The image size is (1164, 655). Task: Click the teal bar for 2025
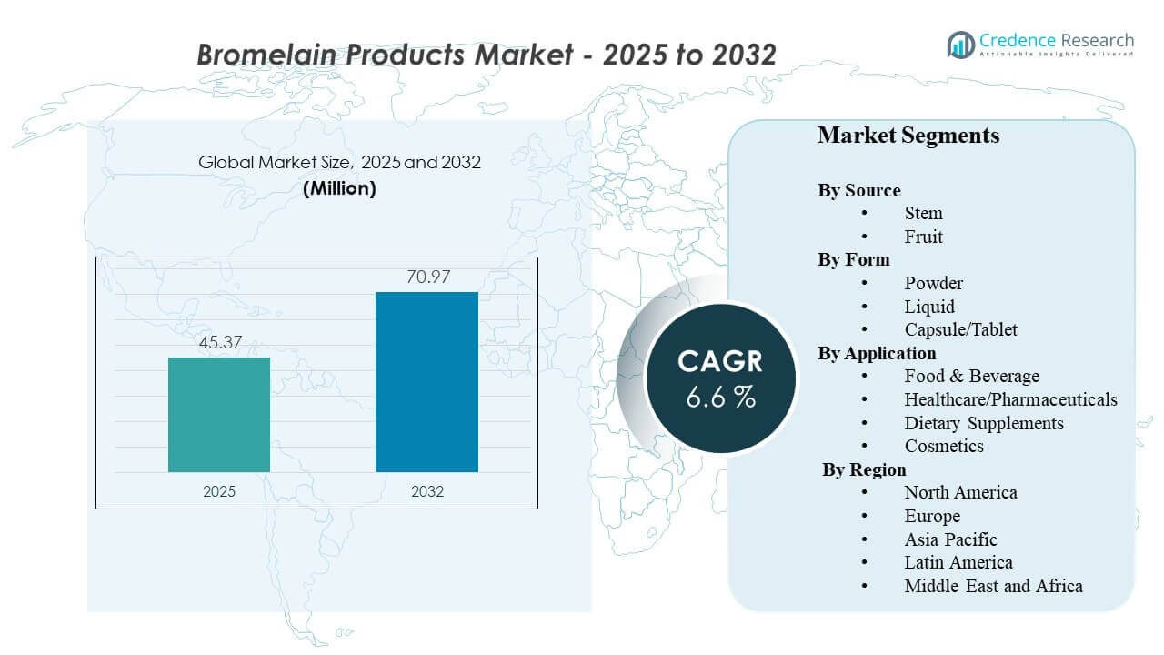coord(219,415)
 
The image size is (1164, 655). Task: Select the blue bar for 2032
coord(426,382)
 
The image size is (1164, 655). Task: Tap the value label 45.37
coord(219,343)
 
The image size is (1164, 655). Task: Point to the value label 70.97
coord(427,277)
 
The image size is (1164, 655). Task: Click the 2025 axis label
coord(219,491)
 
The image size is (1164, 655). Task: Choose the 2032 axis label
coord(427,491)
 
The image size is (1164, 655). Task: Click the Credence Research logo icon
coord(960,44)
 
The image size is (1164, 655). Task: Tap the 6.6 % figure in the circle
coord(720,398)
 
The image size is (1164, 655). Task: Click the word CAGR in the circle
coord(720,361)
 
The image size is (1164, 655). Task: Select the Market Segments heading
coord(908,136)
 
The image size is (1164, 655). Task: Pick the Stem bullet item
coord(923,213)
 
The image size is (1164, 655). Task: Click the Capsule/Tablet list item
coord(960,329)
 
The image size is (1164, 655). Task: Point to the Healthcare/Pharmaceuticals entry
coord(1010,399)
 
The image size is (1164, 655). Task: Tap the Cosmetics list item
coord(944,446)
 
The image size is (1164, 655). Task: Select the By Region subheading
coord(864,469)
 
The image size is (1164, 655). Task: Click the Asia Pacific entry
coord(950,539)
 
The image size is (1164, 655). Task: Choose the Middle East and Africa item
coord(993,586)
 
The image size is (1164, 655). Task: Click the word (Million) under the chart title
coord(339,188)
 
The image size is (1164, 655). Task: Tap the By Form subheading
coord(853,259)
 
